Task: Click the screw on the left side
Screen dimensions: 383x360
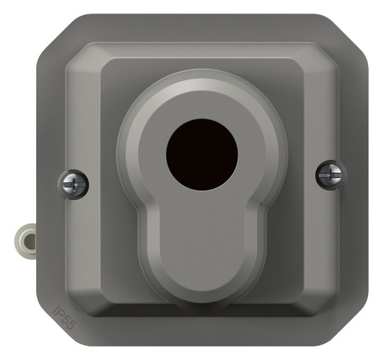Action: (x=73, y=185)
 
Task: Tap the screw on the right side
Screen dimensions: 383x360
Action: (x=331, y=175)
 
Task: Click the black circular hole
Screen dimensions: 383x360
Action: (x=201, y=155)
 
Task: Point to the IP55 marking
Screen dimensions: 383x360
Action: (x=65, y=317)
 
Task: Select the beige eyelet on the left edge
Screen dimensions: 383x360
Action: (x=26, y=239)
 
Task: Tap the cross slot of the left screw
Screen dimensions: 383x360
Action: (x=73, y=184)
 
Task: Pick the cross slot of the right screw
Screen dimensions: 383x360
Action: (x=331, y=175)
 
